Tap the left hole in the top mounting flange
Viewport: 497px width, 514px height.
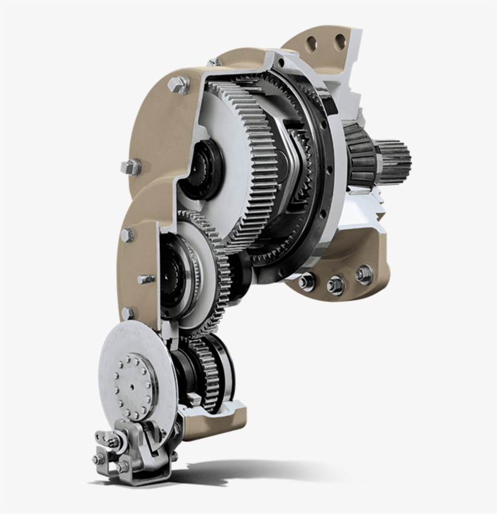312,43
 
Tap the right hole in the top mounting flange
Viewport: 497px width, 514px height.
339,41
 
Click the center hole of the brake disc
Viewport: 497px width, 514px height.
132,385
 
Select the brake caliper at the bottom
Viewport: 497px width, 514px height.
130,452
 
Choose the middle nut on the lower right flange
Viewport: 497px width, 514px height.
335,284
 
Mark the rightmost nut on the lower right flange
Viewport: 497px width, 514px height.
364,274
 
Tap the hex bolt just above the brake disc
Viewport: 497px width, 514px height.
127,313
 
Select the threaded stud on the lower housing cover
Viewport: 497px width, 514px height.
145,279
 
